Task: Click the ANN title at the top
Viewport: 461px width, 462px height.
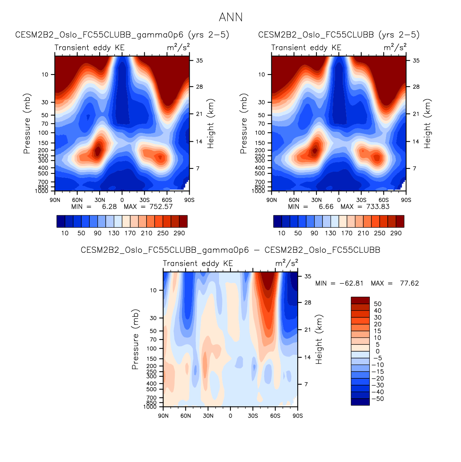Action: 230,18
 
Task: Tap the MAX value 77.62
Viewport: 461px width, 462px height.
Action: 409,283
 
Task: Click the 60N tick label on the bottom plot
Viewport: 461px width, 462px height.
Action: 185,415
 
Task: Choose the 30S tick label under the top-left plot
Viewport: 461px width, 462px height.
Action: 144,200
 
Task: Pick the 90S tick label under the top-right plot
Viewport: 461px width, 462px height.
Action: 406,200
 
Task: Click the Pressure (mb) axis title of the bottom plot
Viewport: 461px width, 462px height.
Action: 135,339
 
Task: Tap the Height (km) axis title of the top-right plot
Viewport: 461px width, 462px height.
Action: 427,124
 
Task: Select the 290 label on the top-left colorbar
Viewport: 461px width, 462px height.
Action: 179,233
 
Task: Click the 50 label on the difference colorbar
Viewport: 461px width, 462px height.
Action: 378,304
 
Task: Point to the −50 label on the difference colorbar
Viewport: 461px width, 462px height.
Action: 378,399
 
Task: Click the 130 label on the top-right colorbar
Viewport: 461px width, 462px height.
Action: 330,233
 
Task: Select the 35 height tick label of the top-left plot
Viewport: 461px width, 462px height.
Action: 199,60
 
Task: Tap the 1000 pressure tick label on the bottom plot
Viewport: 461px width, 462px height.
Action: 150,407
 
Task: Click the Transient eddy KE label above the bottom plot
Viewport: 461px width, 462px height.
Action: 198,263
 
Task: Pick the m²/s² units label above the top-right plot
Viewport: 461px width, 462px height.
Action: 395,47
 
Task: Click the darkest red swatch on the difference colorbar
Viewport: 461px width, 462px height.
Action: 360,300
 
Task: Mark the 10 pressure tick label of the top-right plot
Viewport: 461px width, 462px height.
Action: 261,74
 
